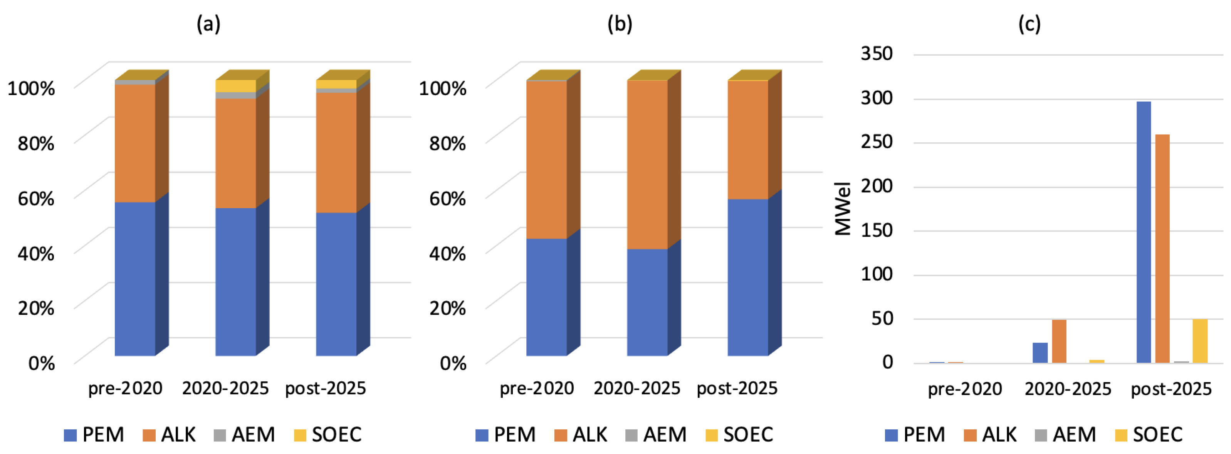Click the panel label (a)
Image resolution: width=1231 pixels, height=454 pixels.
point(208,23)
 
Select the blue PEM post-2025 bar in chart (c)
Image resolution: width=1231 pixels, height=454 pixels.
point(1143,232)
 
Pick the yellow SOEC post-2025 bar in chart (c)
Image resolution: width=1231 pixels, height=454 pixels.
point(1199,341)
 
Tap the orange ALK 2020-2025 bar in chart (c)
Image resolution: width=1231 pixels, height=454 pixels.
point(1059,341)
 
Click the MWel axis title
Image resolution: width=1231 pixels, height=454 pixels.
point(843,209)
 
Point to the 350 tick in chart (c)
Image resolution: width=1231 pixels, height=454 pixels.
point(877,53)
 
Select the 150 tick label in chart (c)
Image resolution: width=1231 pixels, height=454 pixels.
point(877,230)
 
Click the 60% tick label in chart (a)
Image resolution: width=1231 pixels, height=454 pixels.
point(36,198)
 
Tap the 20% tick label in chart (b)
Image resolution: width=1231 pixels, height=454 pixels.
point(447,308)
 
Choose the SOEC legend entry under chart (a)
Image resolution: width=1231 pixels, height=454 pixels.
point(328,434)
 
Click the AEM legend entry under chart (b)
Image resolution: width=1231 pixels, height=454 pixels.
point(656,434)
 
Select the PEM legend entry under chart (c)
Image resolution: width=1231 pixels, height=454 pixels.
point(915,434)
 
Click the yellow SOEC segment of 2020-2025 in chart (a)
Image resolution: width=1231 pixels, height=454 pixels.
point(235,86)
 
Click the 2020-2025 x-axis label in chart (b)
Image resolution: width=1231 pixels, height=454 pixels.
point(636,388)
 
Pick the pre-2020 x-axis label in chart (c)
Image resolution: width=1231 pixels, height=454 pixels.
point(964,389)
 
